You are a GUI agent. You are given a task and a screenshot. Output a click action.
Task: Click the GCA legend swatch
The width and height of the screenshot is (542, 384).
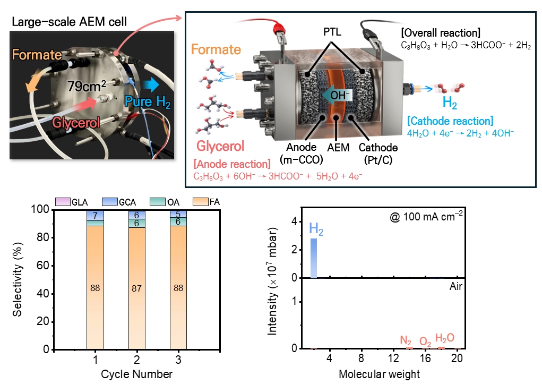pos(110,202)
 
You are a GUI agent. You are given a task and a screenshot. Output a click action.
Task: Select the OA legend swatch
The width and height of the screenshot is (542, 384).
pos(158,202)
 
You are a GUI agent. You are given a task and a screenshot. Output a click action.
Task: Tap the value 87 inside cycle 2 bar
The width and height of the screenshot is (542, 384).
pos(136,288)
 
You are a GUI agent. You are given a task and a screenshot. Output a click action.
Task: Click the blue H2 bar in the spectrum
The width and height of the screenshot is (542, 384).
pos(314,258)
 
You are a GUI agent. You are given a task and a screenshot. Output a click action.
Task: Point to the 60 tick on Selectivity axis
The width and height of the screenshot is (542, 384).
pos(44,266)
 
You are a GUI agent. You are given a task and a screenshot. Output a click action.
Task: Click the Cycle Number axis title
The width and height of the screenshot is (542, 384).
pos(136,374)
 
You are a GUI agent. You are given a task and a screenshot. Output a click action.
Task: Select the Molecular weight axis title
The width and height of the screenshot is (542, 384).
pos(379,374)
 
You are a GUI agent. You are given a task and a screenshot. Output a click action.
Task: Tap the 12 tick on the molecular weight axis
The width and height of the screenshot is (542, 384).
pos(393,358)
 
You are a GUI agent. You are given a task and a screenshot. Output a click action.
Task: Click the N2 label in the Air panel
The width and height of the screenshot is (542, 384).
pos(406,340)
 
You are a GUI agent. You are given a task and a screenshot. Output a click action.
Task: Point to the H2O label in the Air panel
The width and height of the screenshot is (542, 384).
pos(444,338)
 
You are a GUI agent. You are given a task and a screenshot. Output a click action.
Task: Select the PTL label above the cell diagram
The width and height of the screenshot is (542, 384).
pos(332,32)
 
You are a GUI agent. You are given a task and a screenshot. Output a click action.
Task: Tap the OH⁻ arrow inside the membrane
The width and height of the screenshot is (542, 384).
pos(337,95)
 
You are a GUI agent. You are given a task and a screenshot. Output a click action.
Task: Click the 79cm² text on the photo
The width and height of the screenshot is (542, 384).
pos(87,86)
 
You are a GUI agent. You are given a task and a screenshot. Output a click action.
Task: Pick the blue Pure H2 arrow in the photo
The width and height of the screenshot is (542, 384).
pos(151,85)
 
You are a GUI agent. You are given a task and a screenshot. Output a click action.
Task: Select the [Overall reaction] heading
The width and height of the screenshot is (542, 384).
pos(441,33)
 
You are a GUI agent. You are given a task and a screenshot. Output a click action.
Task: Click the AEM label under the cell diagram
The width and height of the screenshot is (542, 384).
pos(338,148)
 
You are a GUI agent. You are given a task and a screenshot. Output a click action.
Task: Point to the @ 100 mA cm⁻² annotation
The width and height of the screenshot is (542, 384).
pos(426,216)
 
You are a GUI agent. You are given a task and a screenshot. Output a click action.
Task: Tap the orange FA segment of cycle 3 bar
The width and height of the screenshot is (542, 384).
pos(178,287)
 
